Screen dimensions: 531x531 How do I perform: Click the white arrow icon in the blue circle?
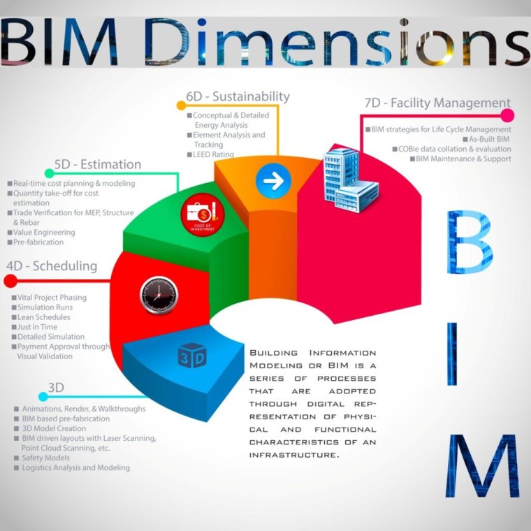(x=273, y=181)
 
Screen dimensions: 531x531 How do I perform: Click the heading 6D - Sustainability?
(x=238, y=96)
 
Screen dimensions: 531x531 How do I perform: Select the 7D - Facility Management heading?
(x=437, y=103)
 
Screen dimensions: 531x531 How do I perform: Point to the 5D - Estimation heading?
(x=98, y=165)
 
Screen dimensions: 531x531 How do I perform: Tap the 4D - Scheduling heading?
(x=52, y=266)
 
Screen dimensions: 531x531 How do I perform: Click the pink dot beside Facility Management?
(x=507, y=115)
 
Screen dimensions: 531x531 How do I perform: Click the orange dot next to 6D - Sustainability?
(x=181, y=106)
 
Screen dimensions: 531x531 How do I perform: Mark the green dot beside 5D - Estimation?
(x=48, y=173)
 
